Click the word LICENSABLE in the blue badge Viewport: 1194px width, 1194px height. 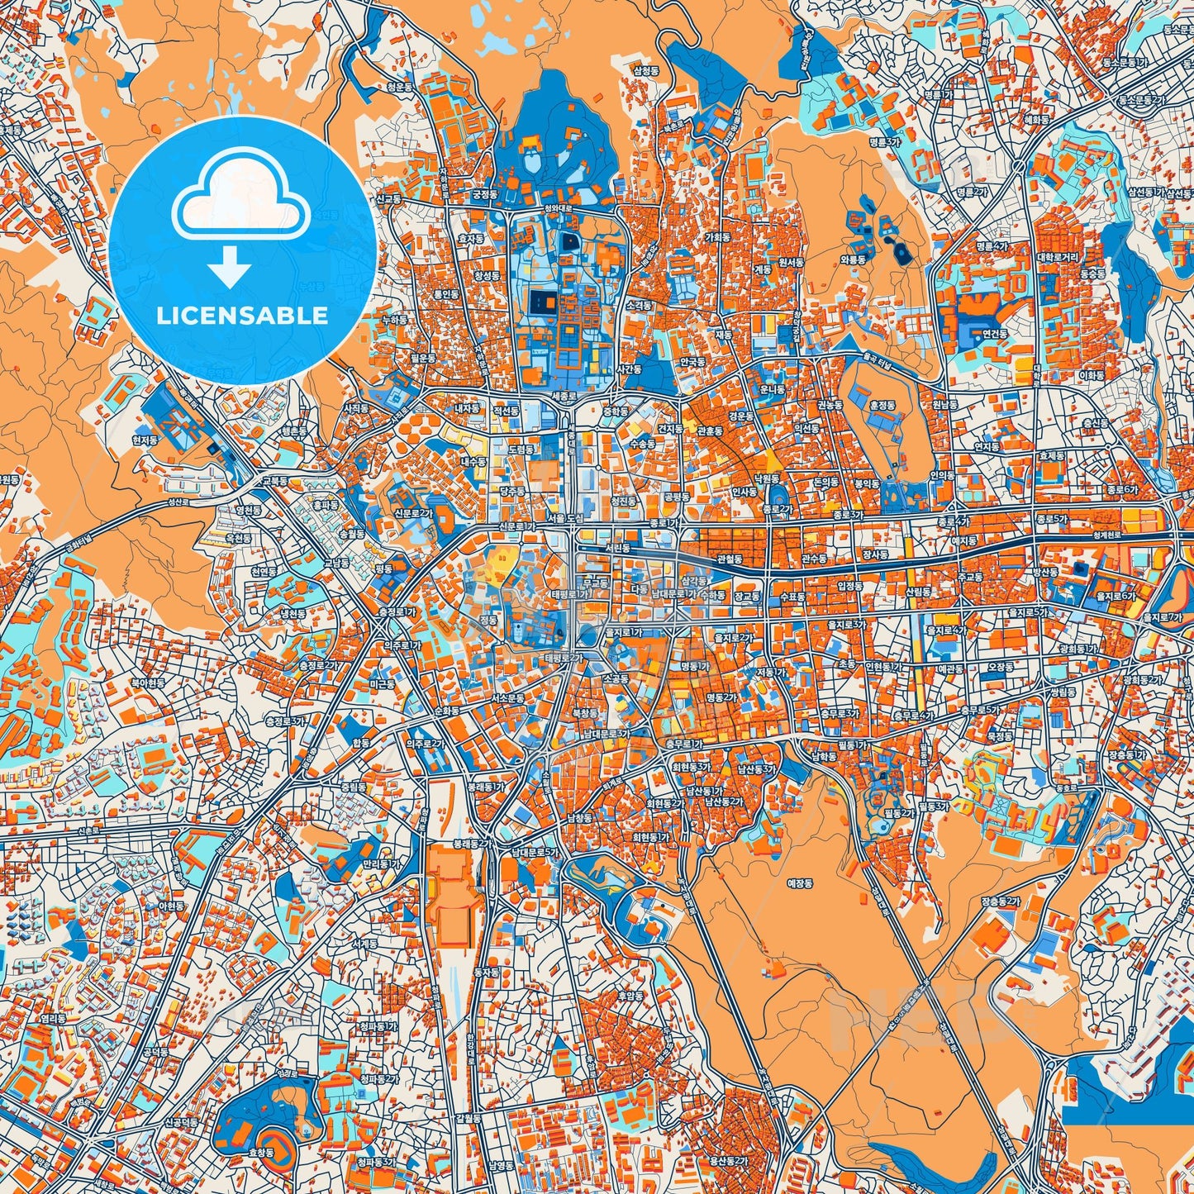[x=241, y=316]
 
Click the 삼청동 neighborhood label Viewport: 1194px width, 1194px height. [x=645, y=72]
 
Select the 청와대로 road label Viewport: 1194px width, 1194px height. [x=559, y=208]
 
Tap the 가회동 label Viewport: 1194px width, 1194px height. [x=716, y=236]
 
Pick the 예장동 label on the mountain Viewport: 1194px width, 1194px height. [x=800, y=883]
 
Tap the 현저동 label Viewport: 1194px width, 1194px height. [x=145, y=441]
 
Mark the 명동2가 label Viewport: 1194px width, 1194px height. [x=721, y=697]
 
